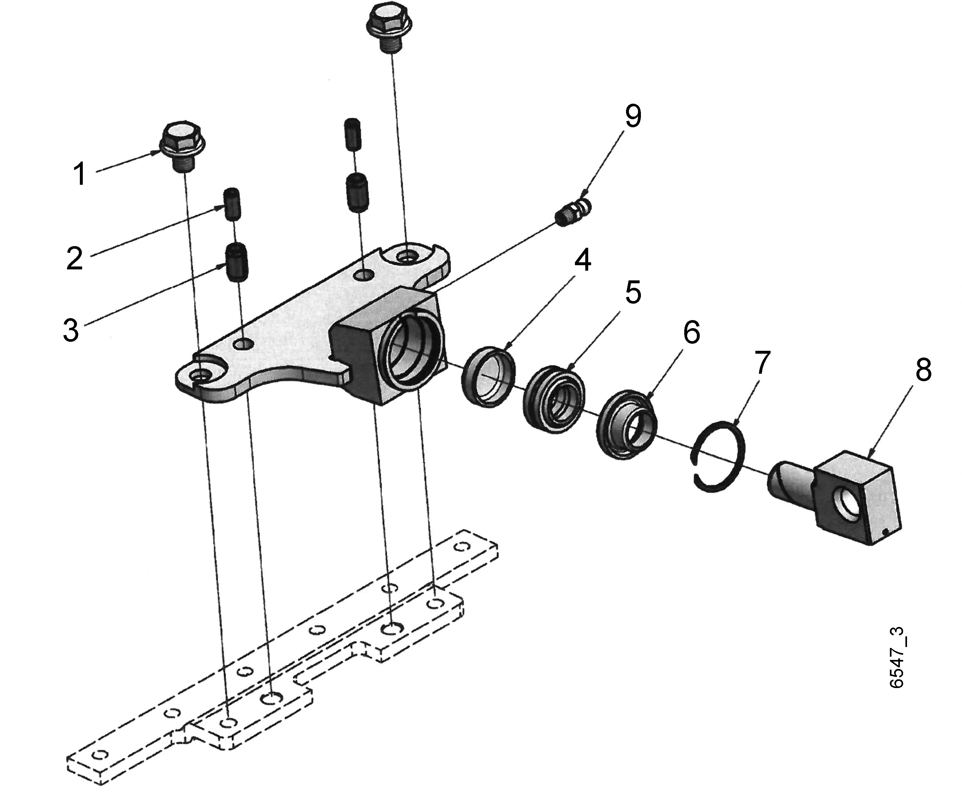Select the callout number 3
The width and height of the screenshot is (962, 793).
[71, 330]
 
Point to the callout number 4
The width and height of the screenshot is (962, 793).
[582, 261]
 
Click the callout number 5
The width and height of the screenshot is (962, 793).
[633, 292]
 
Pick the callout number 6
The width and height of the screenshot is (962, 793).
[691, 333]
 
